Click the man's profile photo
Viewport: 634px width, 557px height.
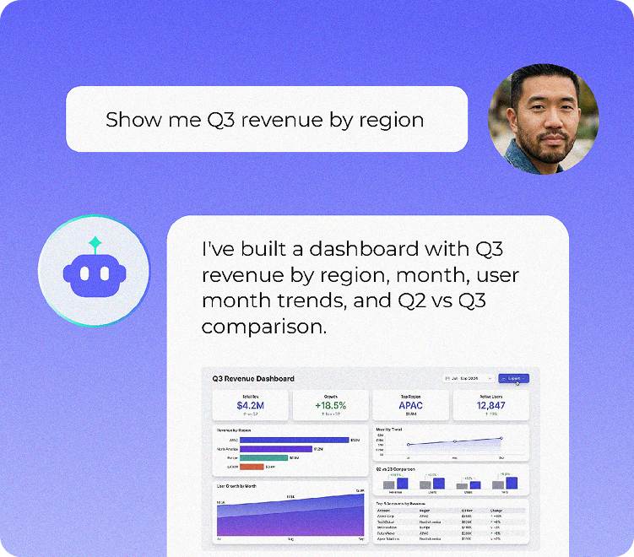pos(543,119)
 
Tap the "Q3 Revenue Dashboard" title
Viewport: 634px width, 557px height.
pos(253,379)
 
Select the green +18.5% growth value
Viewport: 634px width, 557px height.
pos(332,405)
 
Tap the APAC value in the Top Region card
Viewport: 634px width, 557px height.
pos(410,405)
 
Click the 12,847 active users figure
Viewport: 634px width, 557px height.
pos(490,405)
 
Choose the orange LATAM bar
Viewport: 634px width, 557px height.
pos(252,467)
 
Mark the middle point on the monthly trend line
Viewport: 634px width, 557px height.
pos(455,441)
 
